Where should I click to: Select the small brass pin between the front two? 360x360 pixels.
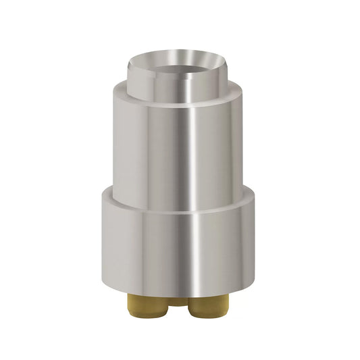click(178, 301)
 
